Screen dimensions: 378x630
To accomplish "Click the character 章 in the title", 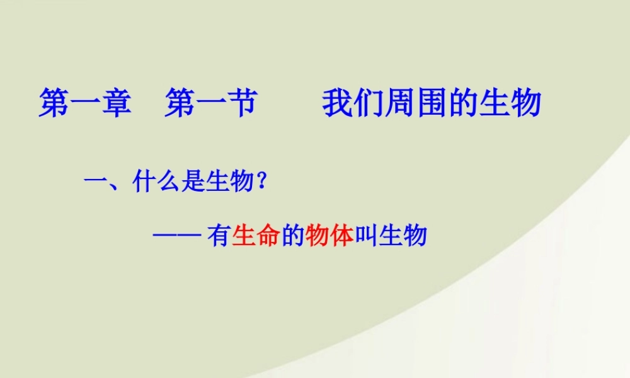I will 116,103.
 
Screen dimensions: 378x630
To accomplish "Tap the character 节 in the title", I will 241,103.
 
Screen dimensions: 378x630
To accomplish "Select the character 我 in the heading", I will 338,103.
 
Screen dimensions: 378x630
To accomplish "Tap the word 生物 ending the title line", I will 510,103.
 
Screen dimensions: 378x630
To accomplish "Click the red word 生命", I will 255,236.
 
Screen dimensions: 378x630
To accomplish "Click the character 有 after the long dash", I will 218,236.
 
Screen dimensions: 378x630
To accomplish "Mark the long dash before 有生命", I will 176,236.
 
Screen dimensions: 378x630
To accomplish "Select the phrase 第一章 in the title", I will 85,103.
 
